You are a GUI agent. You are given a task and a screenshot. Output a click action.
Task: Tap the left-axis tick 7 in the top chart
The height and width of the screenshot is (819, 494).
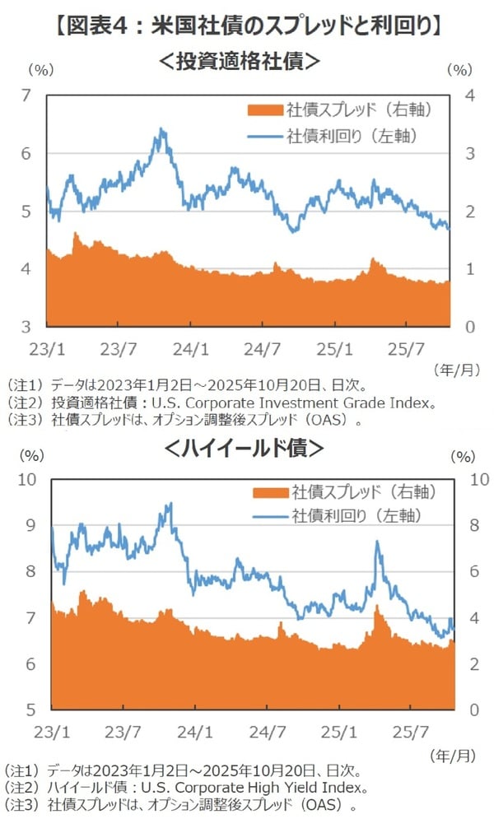(27, 96)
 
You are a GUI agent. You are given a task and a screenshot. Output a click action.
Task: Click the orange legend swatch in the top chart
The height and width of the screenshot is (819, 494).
(263, 109)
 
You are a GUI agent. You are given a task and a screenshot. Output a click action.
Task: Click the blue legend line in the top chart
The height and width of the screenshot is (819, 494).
(263, 134)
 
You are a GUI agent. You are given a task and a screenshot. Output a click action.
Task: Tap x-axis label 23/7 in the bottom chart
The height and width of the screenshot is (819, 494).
(122, 731)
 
